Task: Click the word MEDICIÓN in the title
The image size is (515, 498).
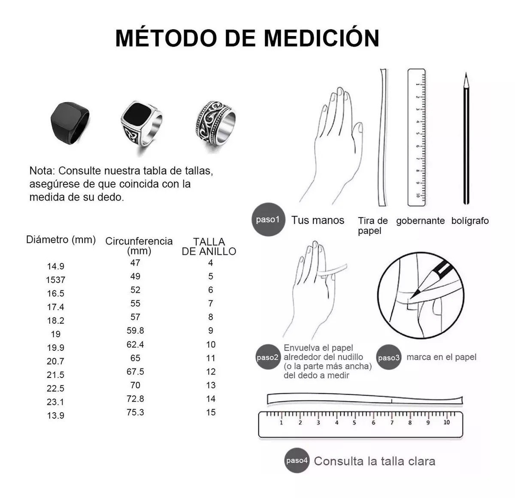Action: tap(321, 38)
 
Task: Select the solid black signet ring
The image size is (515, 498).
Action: tap(70, 123)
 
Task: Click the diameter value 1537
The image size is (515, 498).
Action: tap(55, 280)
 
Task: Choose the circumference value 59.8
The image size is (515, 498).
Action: tap(135, 330)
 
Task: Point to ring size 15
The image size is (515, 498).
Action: tap(211, 412)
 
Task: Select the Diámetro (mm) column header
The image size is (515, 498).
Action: tap(61, 240)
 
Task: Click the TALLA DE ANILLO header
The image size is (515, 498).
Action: tap(209, 247)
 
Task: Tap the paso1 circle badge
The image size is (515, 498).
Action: tap(268, 220)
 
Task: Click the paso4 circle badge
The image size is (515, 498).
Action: tap(297, 460)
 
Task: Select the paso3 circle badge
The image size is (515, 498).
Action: tap(388, 357)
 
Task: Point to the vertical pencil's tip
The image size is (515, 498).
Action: tap(466, 73)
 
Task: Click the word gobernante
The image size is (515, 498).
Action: tap(420, 220)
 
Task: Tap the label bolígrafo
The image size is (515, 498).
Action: tap(470, 220)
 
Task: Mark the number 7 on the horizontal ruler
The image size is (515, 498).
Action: tap(392, 423)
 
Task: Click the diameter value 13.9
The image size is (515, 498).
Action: tap(55, 416)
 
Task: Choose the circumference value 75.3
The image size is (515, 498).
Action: tap(135, 412)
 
